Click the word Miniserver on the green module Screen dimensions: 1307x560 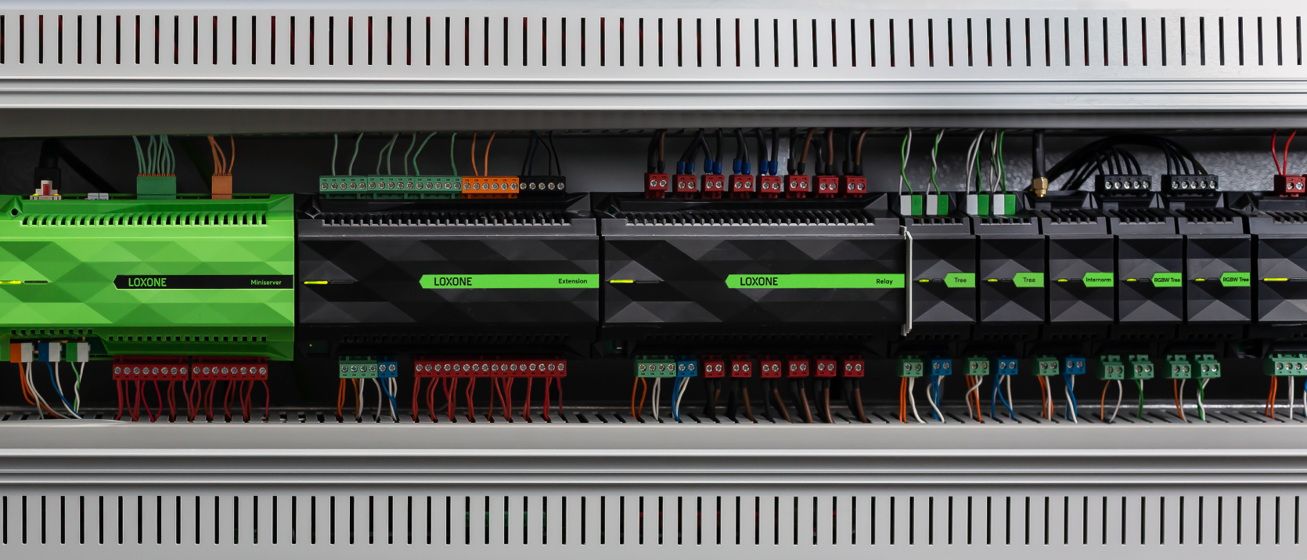pyautogui.click(x=265, y=283)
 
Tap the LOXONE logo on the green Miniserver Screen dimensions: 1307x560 pyautogui.click(x=147, y=283)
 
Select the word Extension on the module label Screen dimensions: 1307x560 pyautogui.click(x=572, y=281)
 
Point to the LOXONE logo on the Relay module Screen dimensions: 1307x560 pyautogui.click(x=758, y=281)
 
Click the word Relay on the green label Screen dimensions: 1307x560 pyautogui.click(x=884, y=281)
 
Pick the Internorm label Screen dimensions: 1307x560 pyautogui.click(x=1098, y=280)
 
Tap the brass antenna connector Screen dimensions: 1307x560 pyautogui.click(x=1039, y=187)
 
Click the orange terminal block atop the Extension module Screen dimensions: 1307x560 pyautogui.click(x=490, y=185)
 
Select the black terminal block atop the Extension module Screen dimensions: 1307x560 pyautogui.click(x=542, y=185)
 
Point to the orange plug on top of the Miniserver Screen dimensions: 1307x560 pyautogui.click(x=221, y=186)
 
